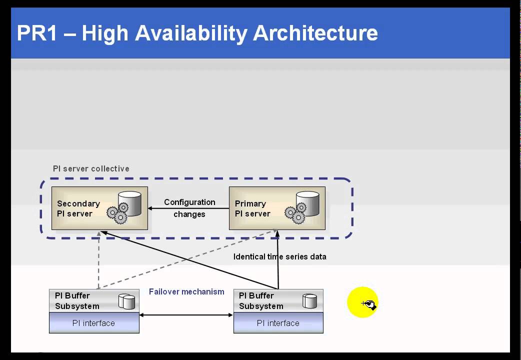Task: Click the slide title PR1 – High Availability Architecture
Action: point(197,33)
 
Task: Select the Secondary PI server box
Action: point(99,208)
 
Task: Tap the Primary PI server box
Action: point(276,208)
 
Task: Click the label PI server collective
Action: point(91,168)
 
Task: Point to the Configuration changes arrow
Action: point(188,208)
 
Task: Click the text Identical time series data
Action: point(279,256)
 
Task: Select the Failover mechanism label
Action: point(186,291)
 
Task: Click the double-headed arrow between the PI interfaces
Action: point(186,315)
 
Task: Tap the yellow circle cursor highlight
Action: point(362,301)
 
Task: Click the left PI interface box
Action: point(94,323)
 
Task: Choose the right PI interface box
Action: point(278,323)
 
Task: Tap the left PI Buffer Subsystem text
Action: point(77,300)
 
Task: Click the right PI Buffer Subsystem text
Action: point(261,300)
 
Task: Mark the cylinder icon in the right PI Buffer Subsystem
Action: point(310,301)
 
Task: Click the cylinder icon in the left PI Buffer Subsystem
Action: point(126,301)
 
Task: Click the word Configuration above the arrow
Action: point(189,202)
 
